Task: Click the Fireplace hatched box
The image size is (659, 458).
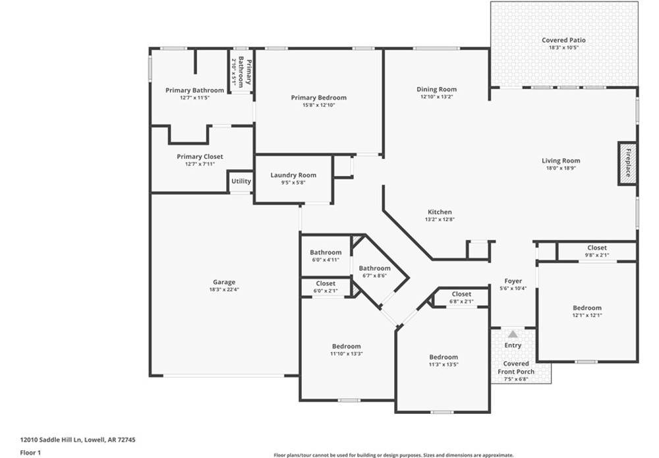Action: [627, 163]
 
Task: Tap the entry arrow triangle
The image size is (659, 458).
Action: [513, 335]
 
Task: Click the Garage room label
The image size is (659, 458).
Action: [224, 282]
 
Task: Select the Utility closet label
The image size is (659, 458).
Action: [241, 181]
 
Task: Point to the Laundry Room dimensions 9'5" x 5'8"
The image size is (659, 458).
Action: [293, 183]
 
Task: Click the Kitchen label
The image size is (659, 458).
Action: [440, 212]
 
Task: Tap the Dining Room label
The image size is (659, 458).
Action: [437, 90]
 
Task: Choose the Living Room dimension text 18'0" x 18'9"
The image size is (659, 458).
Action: [561, 168]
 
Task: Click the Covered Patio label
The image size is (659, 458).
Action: [563, 40]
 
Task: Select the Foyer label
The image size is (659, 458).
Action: [513, 281]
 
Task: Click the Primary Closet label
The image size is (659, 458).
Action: [200, 157]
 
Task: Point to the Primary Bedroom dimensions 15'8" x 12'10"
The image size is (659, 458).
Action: [319, 105]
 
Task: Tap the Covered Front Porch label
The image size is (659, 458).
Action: [516, 368]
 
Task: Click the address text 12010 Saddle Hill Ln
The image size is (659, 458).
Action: [51, 440]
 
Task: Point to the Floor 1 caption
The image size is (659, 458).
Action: [30, 453]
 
